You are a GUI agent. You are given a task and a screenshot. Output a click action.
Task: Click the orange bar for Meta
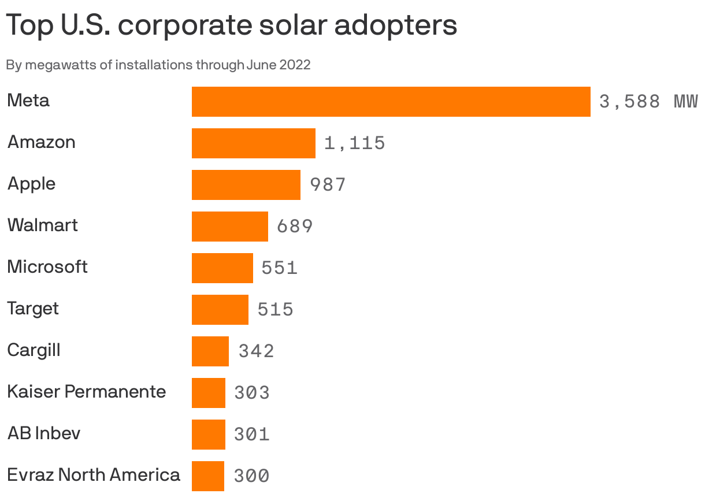pyautogui.click(x=391, y=102)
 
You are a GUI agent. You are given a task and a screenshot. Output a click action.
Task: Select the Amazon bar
pyautogui.click(x=253, y=143)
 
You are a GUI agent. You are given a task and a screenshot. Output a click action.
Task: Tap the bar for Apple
pyautogui.click(x=246, y=185)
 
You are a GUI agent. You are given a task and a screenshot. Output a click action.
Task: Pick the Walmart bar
pyautogui.click(x=229, y=227)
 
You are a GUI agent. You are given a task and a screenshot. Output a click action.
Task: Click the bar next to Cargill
pyautogui.click(x=210, y=351)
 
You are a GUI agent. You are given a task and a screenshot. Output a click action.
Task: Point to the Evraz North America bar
pyautogui.click(x=207, y=476)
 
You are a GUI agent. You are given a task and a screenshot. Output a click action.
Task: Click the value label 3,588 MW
pyautogui.click(x=648, y=102)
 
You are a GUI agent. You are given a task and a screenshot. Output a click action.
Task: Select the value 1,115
pyautogui.click(x=354, y=143)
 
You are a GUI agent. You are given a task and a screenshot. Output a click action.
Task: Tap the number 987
pyautogui.click(x=328, y=185)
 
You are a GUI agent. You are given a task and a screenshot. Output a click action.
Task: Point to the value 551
pyautogui.click(x=279, y=268)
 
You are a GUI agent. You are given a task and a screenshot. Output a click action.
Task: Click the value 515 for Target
pyautogui.click(x=275, y=310)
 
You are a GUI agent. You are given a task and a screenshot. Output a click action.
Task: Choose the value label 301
pyautogui.click(x=251, y=435)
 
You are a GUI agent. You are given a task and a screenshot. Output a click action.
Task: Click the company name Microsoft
pyautogui.click(x=47, y=267)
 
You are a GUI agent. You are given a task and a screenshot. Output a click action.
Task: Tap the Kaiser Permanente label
pyautogui.click(x=86, y=392)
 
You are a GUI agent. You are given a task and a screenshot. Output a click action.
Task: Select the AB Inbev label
pyautogui.click(x=44, y=433)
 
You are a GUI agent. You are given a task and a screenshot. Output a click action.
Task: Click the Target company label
pyautogui.click(x=33, y=309)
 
